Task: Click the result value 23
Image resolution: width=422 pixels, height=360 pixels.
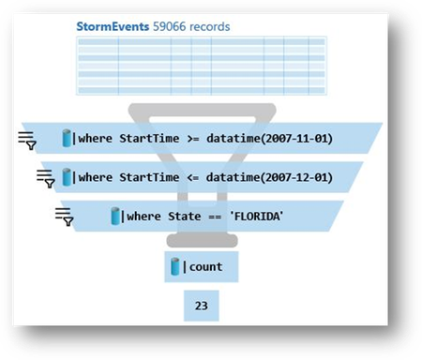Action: [201, 305]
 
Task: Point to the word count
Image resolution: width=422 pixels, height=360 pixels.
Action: [206, 267]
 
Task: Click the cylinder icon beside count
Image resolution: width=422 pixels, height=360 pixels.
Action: [174, 267]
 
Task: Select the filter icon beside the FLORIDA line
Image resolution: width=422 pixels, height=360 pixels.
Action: [65, 217]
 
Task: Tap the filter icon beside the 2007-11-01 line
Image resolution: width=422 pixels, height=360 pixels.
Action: [27, 141]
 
